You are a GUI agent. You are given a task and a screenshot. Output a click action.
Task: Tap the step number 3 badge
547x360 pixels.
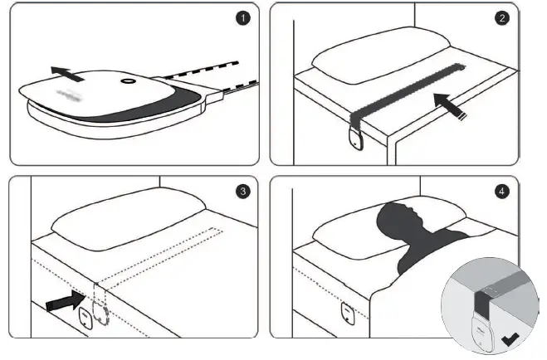[x=242, y=192]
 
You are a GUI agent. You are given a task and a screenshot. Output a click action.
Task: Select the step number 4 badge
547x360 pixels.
[x=502, y=192]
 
